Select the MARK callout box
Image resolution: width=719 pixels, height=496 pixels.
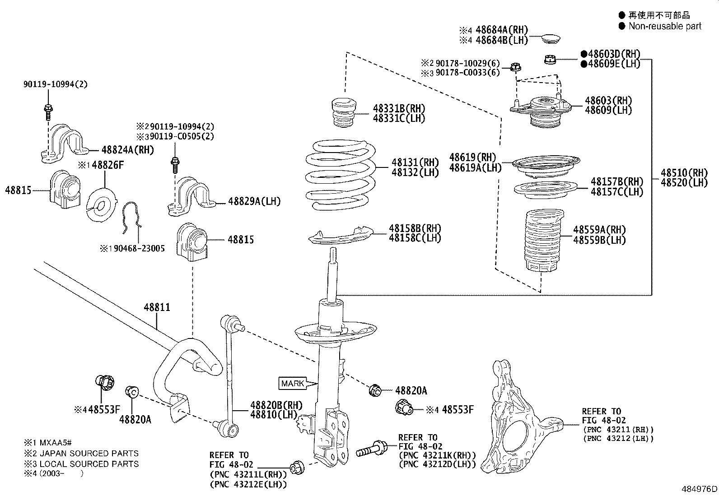(x=293, y=384)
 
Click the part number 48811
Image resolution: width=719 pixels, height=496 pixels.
(x=157, y=307)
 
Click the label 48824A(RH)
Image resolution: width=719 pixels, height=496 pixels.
(x=128, y=149)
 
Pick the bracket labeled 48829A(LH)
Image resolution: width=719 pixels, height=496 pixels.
(x=191, y=196)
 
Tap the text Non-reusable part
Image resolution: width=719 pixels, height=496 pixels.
(x=665, y=26)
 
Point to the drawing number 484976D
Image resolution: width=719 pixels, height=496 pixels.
(x=699, y=489)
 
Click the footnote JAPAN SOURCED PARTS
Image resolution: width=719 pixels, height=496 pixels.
(x=89, y=454)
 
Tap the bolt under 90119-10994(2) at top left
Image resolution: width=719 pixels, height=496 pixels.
(x=48, y=110)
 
